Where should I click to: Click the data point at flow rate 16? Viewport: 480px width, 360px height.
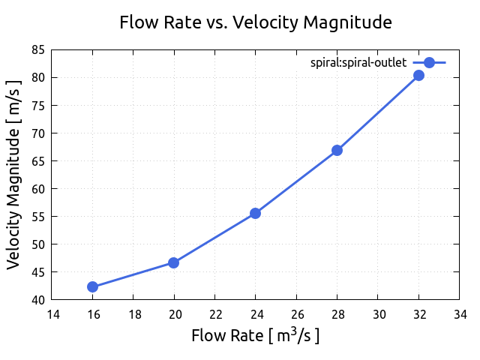pyautogui.click(x=92, y=286)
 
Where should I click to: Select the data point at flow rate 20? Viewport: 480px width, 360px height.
pyautogui.click(x=174, y=262)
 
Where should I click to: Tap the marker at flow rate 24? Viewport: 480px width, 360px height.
pyautogui.click(x=256, y=213)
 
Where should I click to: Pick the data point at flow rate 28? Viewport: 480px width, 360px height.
pyautogui.click(x=337, y=150)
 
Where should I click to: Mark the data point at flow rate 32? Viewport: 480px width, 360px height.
pyautogui.click(x=418, y=75)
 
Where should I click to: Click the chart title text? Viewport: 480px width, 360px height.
pyautogui.click(x=256, y=22)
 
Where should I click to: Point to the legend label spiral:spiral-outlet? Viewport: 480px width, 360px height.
pyautogui.click(x=358, y=63)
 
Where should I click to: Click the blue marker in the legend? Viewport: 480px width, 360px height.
pyautogui.click(x=429, y=63)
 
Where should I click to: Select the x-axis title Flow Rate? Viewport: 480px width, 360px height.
pyautogui.click(x=256, y=335)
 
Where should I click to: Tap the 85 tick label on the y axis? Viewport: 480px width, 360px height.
pyautogui.click(x=37, y=49)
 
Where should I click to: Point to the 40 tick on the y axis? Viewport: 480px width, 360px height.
pyautogui.click(x=37, y=300)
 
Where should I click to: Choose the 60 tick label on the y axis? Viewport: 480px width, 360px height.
pyautogui.click(x=37, y=188)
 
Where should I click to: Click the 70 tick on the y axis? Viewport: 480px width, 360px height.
pyautogui.click(x=37, y=133)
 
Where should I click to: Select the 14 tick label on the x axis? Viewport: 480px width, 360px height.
pyautogui.click(x=52, y=314)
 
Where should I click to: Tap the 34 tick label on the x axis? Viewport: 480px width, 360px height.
pyautogui.click(x=459, y=314)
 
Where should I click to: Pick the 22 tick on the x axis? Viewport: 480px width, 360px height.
pyautogui.click(x=214, y=314)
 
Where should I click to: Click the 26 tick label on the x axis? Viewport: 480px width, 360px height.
pyautogui.click(x=296, y=314)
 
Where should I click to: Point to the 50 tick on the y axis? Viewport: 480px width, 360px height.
pyautogui.click(x=37, y=244)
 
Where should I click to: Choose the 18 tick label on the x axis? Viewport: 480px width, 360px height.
pyautogui.click(x=133, y=314)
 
